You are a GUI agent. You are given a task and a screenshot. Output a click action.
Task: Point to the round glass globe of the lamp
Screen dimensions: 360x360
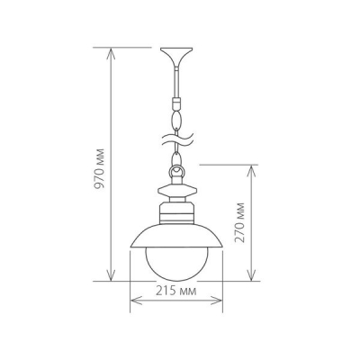(176, 261)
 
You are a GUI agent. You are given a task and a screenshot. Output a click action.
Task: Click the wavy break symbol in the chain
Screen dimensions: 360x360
(176, 142)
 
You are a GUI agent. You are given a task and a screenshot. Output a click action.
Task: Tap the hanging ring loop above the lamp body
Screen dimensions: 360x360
(176, 170)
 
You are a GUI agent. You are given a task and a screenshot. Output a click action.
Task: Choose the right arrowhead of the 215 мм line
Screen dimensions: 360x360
(220, 303)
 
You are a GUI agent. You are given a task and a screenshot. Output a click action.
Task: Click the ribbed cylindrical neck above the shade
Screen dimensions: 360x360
(176, 214)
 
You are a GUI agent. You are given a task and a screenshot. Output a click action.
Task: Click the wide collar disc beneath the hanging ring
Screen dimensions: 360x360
(176, 190)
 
